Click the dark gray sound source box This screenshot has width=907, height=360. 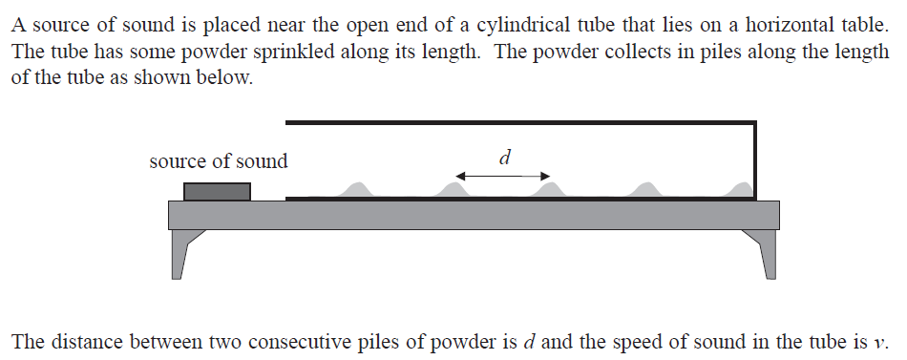point(217,191)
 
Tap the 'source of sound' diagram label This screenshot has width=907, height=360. point(218,161)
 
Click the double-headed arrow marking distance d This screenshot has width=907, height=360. point(502,176)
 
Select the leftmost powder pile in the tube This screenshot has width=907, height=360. point(357,191)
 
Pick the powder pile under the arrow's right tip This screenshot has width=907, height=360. point(548,191)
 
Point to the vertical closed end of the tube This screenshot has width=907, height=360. point(754,160)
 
